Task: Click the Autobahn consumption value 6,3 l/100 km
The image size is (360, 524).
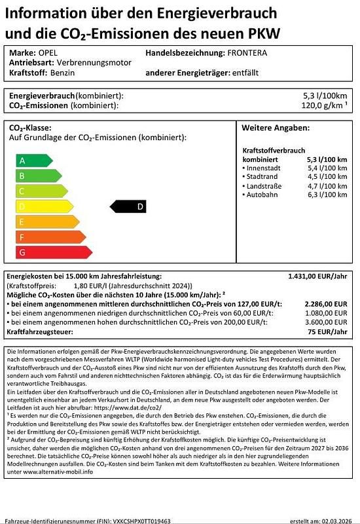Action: (x=327, y=195)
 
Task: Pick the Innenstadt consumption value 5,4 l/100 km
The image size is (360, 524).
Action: (x=327, y=168)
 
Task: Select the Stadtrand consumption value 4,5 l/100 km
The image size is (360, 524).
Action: (x=327, y=177)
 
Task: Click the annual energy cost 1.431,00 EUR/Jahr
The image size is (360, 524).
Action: (x=317, y=277)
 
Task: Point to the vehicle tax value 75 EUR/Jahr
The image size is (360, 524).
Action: (x=329, y=333)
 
